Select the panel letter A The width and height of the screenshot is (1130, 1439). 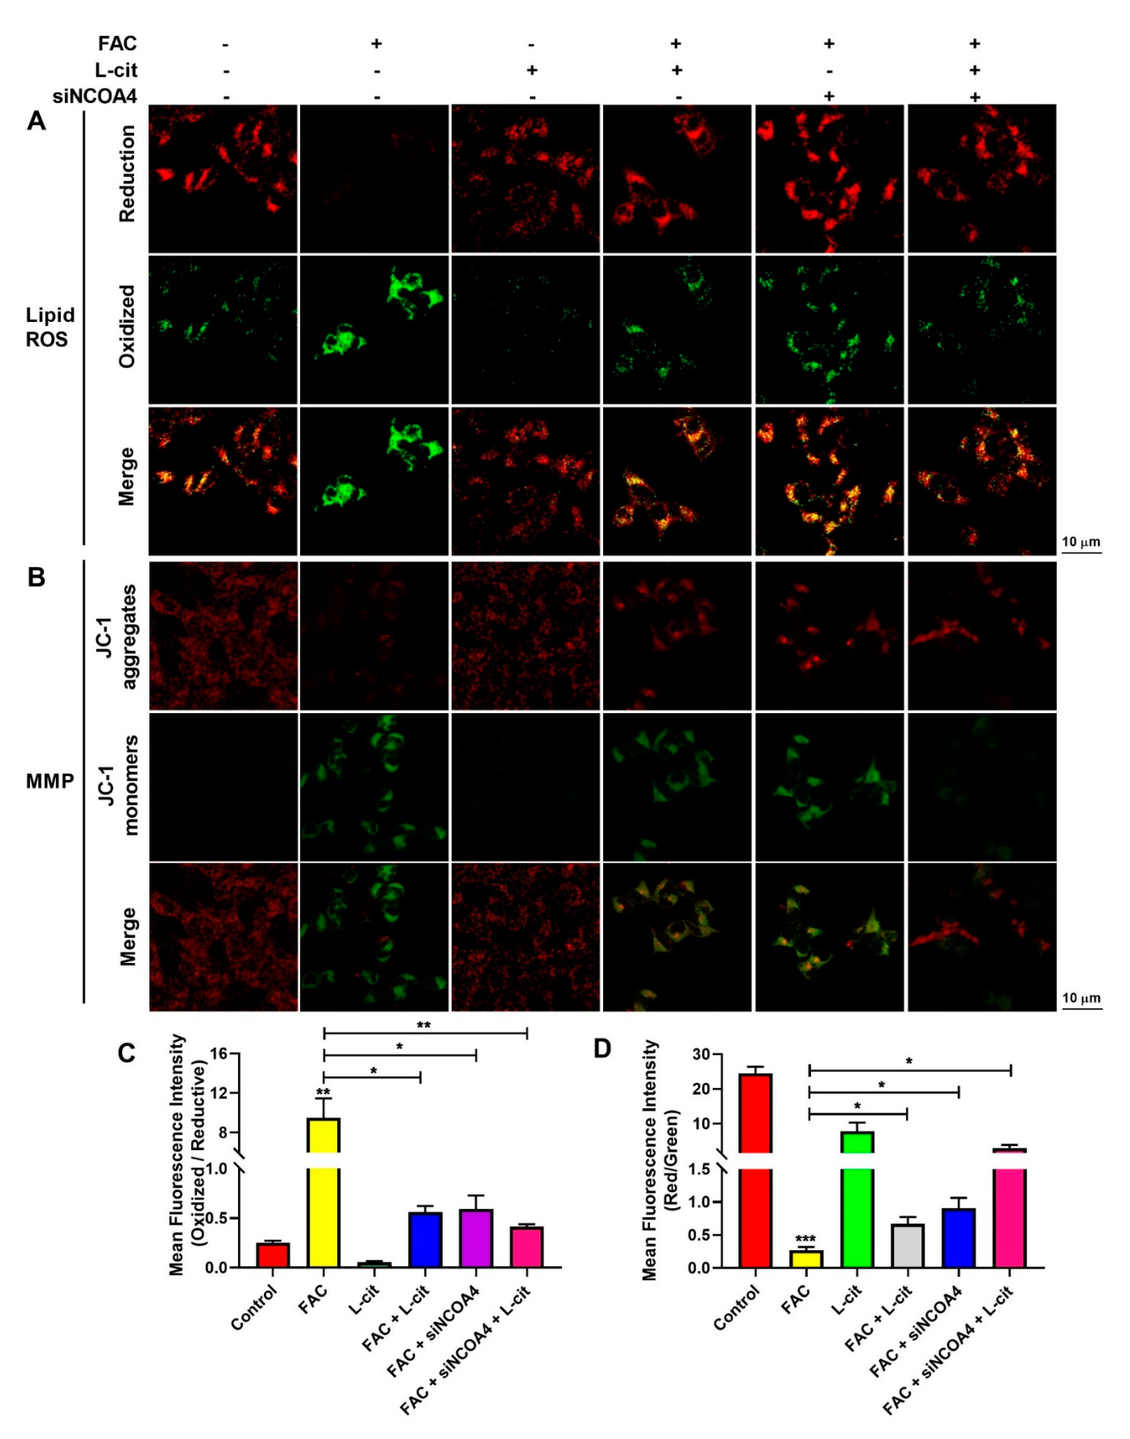click(36, 122)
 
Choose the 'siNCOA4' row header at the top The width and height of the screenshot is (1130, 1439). click(95, 97)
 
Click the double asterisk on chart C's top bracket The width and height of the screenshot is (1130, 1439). click(424, 1025)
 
